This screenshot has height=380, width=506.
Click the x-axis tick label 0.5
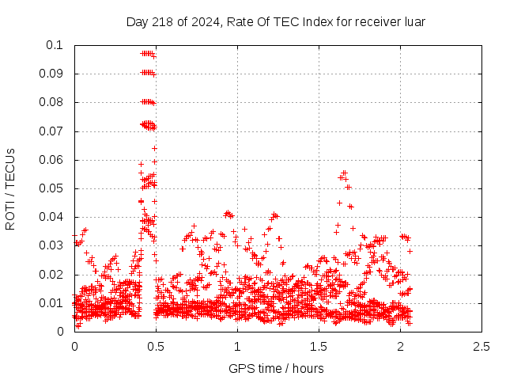(x=156, y=346)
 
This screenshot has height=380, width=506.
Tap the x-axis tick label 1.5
(x=319, y=346)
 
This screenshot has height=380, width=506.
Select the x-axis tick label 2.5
(x=481, y=346)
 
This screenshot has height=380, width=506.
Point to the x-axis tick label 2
(x=400, y=346)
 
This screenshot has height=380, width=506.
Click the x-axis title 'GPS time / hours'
(x=276, y=368)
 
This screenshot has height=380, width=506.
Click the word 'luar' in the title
(x=414, y=21)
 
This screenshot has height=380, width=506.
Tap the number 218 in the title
(x=162, y=21)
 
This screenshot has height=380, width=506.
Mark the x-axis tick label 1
(x=237, y=346)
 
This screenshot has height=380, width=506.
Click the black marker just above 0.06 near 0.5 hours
(x=155, y=148)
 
